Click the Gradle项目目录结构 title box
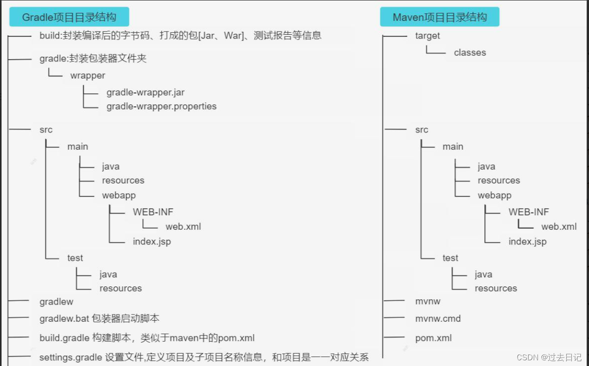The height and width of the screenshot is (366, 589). pyautogui.click(x=69, y=18)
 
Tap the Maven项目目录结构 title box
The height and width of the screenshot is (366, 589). pyautogui.click(x=440, y=18)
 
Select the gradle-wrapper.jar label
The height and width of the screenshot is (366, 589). pyautogui.click(x=145, y=92)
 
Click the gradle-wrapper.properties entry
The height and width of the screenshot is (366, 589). pyautogui.click(x=161, y=106)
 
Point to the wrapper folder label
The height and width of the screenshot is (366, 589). pyautogui.click(x=88, y=75)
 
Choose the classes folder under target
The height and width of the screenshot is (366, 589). pyautogui.click(x=470, y=52)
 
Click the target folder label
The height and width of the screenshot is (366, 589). pyautogui.click(x=427, y=36)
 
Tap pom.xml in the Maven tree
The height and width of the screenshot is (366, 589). pyautogui.click(x=433, y=338)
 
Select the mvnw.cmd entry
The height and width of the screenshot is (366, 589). pyautogui.click(x=438, y=318)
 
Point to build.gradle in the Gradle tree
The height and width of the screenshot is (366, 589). pyautogui.click(x=64, y=338)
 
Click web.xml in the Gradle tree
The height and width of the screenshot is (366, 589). pyautogui.click(x=183, y=226)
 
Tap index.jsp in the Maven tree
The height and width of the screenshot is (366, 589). pyautogui.click(x=527, y=242)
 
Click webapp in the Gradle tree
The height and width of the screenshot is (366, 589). pyautogui.click(x=118, y=195)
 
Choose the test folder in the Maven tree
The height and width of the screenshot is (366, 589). pyautogui.click(x=450, y=258)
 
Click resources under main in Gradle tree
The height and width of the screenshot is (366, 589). pyautogui.click(x=123, y=180)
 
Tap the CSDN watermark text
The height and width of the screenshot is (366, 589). pyautogui.click(x=549, y=357)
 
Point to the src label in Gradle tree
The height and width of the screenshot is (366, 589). pyautogui.click(x=46, y=130)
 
